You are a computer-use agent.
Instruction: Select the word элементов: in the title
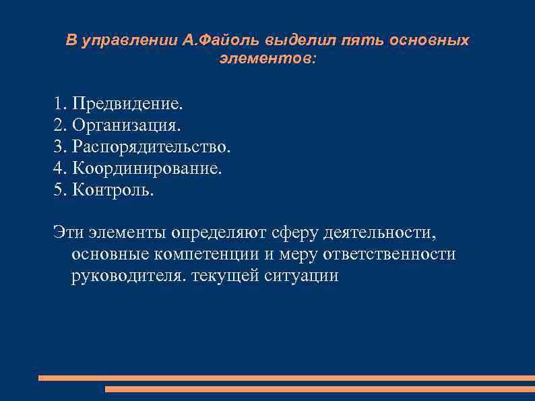click(267, 59)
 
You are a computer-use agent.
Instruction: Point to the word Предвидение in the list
click(127, 104)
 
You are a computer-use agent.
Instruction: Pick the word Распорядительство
click(152, 146)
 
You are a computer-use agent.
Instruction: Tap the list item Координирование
click(147, 168)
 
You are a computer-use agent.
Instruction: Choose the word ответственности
click(391, 254)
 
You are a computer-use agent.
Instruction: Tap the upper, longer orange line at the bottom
click(286, 378)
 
